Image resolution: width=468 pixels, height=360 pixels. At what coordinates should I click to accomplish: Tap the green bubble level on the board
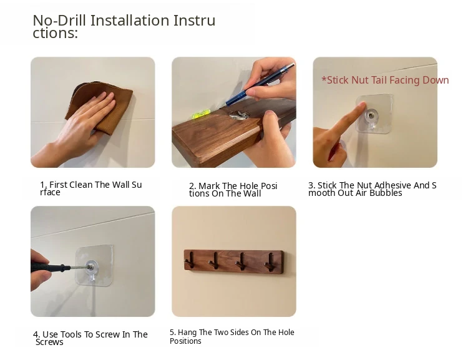(x=200, y=114)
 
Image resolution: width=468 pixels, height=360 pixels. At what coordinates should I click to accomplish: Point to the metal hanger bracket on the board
(x=239, y=115)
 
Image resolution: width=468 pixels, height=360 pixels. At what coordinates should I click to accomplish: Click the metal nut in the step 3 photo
(x=372, y=115)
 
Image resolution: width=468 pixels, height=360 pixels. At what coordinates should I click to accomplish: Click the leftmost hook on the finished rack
(x=190, y=261)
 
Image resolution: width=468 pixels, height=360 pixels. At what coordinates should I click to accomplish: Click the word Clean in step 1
(x=81, y=185)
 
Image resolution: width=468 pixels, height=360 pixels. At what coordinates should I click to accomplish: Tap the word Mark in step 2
(x=209, y=186)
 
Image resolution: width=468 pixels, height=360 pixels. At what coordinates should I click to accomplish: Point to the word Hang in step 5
(x=187, y=333)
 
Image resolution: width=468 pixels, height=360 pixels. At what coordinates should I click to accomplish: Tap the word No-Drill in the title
(x=59, y=21)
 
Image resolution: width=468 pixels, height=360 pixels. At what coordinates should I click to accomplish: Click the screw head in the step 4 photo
(x=89, y=266)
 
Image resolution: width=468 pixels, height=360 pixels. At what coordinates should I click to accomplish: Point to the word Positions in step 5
(x=185, y=341)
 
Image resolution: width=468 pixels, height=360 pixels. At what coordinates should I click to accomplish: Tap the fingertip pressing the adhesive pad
(x=362, y=105)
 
